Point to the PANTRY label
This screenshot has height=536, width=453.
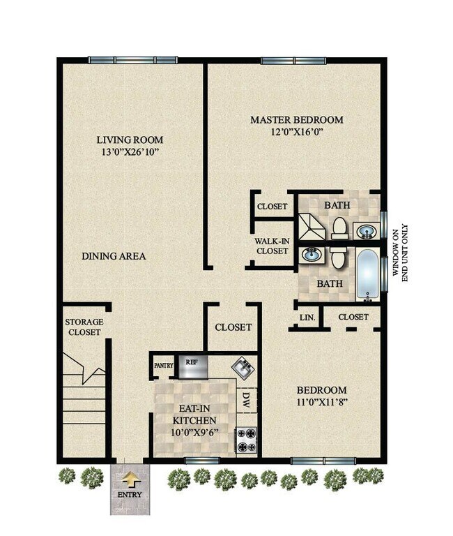point(163,364)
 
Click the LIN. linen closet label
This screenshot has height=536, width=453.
point(307,318)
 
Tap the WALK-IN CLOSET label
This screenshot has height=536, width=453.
point(271,246)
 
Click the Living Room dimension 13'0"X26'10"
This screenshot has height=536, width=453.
point(130,151)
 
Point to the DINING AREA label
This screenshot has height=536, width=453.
point(114,256)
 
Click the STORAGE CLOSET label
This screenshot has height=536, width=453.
point(84,327)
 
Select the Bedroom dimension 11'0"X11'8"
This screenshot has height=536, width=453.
point(321,403)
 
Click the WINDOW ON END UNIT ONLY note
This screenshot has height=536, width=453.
point(399,252)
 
